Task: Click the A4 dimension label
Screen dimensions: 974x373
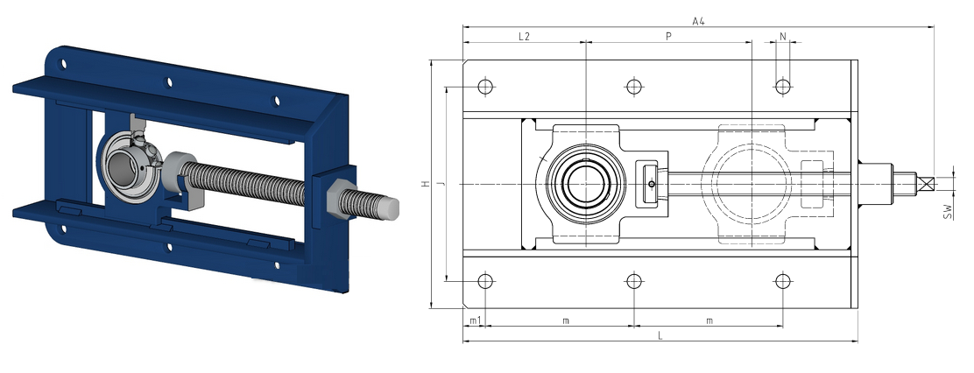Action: pos(698,21)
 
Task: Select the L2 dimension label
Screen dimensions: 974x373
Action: pos(525,37)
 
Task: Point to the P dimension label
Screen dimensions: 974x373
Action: pos(669,37)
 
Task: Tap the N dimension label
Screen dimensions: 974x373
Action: pos(783,37)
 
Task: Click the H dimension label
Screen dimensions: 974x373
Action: pos(425,184)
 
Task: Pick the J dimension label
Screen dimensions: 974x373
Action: pos(440,184)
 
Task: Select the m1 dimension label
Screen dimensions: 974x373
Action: pos(474,320)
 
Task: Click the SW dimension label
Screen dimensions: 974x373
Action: pos(948,212)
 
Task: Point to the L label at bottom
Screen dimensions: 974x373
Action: pos(660,335)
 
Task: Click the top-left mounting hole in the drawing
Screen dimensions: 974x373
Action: pos(485,87)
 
